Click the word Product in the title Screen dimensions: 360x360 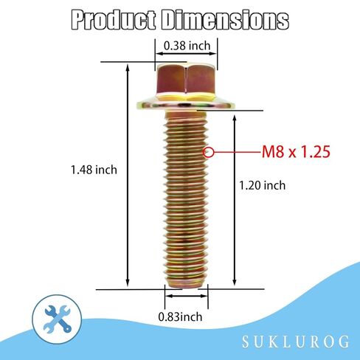(x=114, y=20)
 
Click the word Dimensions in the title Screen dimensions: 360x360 (x=225, y=20)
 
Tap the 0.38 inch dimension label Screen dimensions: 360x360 (x=187, y=46)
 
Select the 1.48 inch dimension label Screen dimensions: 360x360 (x=94, y=170)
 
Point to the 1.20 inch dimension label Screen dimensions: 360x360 (x=263, y=185)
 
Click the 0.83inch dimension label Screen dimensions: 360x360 (x=180, y=316)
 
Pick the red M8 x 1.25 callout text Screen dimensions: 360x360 (x=296, y=152)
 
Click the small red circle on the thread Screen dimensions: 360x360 (x=208, y=153)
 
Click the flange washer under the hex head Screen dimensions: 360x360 (x=186, y=105)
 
